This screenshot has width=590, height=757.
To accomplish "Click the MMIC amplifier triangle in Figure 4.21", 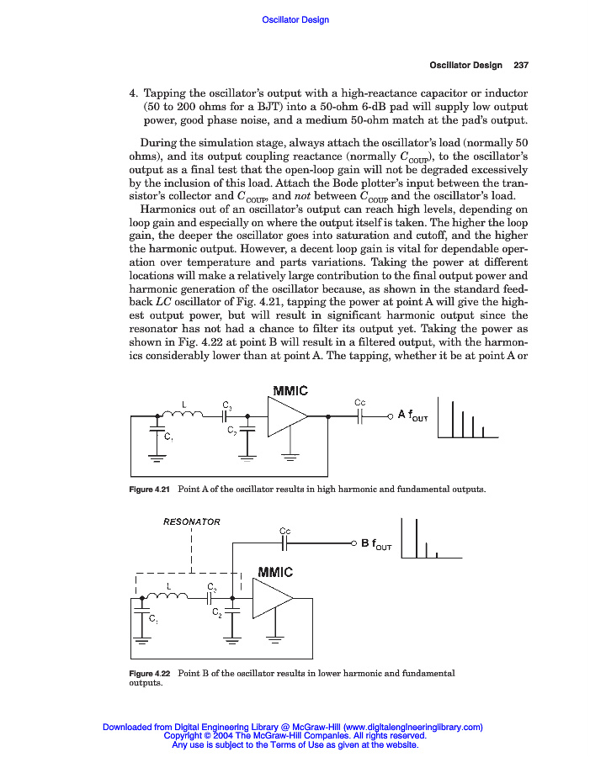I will pyautogui.click(x=287, y=416).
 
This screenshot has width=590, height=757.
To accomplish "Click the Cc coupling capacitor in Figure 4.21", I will pyautogui.click(x=361, y=416).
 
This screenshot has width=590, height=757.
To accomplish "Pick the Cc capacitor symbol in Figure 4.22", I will pyautogui.click(x=286, y=543).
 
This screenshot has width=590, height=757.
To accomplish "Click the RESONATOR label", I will pyautogui.click(x=191, y=521).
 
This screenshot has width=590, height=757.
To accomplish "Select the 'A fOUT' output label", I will pyautogui.click(x=412, y=415).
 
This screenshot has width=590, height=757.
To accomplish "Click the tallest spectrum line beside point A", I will pyautogui.click(x=453, y=418).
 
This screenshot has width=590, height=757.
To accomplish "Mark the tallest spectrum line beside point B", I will pyautogui.click(x=416, y=537).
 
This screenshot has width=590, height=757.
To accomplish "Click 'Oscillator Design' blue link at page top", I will pyautogui.click(x=295, y=19).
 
